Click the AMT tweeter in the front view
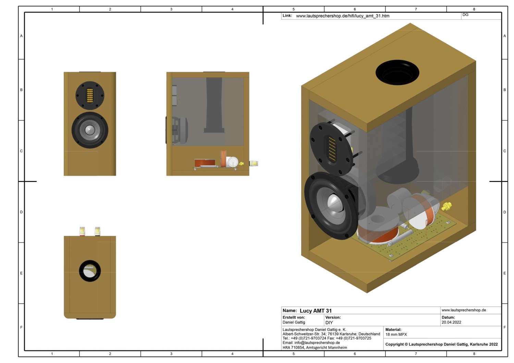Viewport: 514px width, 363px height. [x=90, y=95]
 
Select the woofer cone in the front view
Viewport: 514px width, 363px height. [x=90, y=130]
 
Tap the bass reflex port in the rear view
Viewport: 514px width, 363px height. [x=90, y=271]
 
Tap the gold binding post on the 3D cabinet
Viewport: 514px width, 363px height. [x=446, y=206]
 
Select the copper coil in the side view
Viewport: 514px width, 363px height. [x=205, y=163]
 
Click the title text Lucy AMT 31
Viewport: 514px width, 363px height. [x=316, y=311]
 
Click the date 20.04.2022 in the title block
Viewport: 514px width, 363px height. [x=451, y=322]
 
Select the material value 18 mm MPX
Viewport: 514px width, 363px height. [x=396, y=334]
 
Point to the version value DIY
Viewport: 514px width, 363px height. [x=329, y=323]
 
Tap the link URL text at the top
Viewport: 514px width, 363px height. [x=342, y=16]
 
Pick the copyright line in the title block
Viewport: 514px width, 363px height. [x=441, y=344]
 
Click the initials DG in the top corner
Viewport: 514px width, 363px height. [x=465, y=15]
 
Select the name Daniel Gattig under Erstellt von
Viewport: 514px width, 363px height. [x=294, y=322]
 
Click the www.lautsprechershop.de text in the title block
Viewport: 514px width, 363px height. [x=464, y=310]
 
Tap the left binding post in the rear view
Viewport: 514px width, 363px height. [x=82, y=231]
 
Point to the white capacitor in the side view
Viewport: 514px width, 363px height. [x=232, y=162]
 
